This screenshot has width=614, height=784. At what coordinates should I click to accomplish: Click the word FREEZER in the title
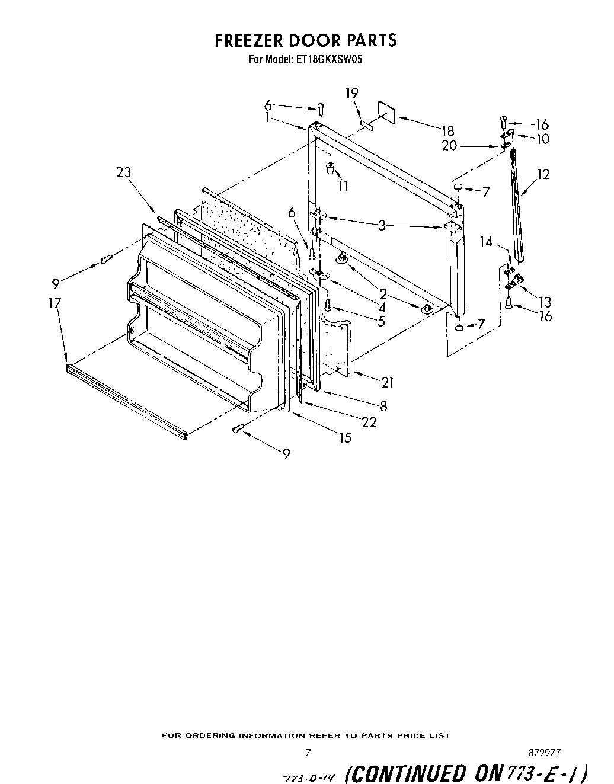coord(248,40)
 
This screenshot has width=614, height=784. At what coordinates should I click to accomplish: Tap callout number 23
coord(123,172)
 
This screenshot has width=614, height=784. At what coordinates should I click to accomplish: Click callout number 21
coord(387,382)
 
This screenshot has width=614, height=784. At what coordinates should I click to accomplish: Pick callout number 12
coord(542,174)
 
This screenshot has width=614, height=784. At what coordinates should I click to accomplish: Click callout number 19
coord(352,92)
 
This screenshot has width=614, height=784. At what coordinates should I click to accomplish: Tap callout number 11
coord(343,185)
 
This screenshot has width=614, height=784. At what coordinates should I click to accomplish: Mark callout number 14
coord(486,241)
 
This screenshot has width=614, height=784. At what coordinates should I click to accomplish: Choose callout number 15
coord(344,438)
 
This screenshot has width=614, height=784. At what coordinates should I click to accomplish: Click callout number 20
coord(449,145)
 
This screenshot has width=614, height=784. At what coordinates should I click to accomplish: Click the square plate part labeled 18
coord(386,111)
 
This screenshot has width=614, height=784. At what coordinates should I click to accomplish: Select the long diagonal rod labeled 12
coord(517,201)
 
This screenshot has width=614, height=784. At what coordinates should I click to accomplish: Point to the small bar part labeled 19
coord(365,124)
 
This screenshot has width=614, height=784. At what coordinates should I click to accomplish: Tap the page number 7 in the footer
coord(308,753)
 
